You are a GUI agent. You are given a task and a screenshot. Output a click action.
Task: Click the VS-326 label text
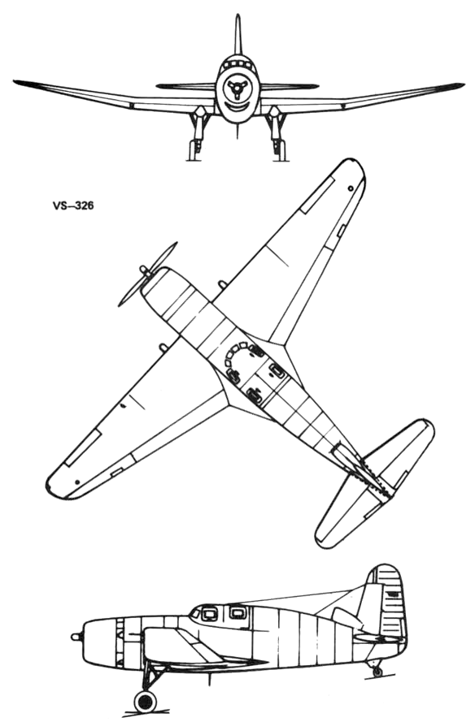point(73,205)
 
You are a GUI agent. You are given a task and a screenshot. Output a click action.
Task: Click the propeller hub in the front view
point(237,89)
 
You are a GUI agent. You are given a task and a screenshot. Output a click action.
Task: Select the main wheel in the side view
point(146,702)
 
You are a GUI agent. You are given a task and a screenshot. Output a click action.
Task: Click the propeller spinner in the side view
point(76,637)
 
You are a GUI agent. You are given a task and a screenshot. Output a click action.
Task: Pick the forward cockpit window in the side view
point(209,613)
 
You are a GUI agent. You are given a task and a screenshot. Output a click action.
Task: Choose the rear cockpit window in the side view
point(237,612)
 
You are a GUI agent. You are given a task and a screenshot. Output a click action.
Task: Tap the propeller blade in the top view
point(148,274)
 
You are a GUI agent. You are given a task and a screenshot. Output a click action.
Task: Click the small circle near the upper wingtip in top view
point(351,188)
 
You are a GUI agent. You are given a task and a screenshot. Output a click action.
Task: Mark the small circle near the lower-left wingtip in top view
point(77,482)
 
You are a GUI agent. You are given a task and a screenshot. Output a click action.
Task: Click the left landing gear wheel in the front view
point(194,149)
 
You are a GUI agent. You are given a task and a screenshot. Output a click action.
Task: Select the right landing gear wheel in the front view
point(280,149)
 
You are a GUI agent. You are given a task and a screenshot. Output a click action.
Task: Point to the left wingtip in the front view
point(15,82)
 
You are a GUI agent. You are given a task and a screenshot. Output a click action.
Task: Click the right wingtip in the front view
point(461,84)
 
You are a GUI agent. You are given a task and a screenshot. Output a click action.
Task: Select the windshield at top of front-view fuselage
point(237,62)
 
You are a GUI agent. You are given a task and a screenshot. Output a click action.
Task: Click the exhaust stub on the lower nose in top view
point(163,347)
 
